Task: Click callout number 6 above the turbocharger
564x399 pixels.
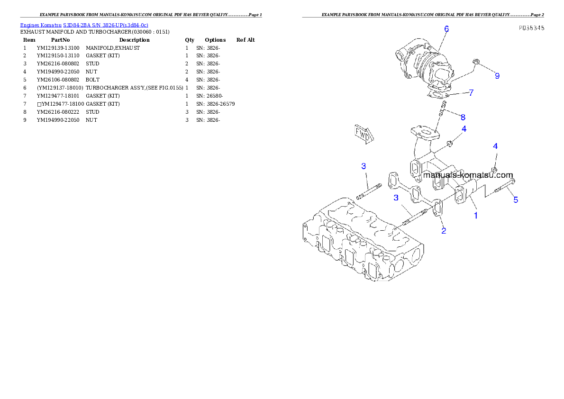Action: [x=446, y=29]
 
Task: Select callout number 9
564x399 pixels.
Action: [x=497, y=76]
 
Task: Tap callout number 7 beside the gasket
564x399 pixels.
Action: [x=471, y=93]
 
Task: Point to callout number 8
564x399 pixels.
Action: [x=463, y=117]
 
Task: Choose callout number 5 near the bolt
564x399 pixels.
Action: [x=516, y=200]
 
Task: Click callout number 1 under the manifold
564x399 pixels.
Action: [x=476, y=215]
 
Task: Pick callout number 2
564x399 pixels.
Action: [x=444, y=231]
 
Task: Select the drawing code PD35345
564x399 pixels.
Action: [x=531, y=28]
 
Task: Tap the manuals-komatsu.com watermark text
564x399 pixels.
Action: [x=468, y=175]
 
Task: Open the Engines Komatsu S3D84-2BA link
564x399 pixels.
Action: [x=84, y=25]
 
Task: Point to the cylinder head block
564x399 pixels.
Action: [x=363, y=246]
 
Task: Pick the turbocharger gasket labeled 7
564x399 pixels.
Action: [x=437, y=94]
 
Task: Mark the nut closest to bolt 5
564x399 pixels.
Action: [x=494, y=169]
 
